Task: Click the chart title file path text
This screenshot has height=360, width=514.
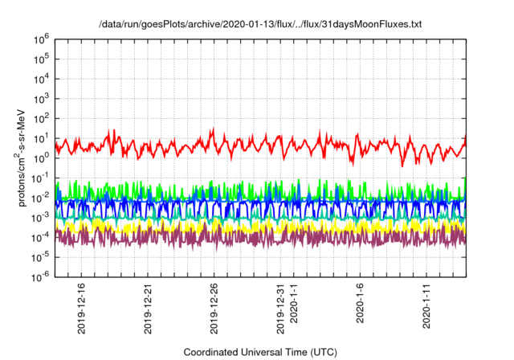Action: tap(259, 25)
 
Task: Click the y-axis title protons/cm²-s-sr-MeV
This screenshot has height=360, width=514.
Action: tap(24, 157)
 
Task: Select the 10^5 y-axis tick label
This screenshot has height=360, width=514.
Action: tap(44, 59)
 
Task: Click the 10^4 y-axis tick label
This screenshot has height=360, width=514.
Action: tap(44, 78)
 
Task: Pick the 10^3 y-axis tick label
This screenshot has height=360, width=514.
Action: tap(44, 98)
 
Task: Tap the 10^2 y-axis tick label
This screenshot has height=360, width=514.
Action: tap(44, 118)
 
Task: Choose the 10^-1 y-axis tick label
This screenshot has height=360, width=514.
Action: tap(43, 178)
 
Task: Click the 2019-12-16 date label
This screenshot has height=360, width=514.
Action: tap(82, 310)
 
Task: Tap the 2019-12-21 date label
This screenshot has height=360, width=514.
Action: tap(148, 310)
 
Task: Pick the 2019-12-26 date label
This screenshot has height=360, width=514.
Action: tap(214, 310)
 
